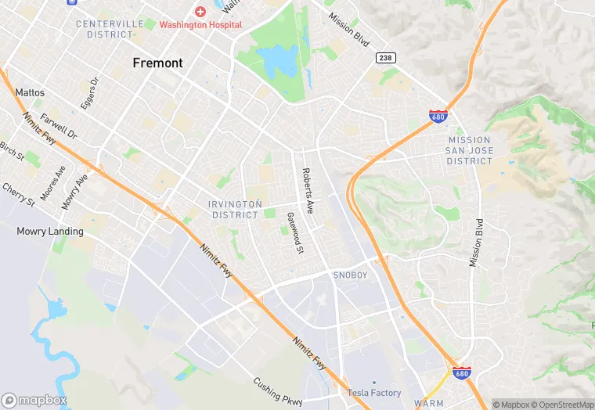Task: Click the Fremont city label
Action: pos(157,63)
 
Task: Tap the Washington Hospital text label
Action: pos(201,25)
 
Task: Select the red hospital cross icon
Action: pos(200,12)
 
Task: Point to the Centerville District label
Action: pos(110,29)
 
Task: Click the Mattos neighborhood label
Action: pos(30,92)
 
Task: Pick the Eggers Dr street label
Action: pos(89,92)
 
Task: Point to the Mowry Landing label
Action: pos(50,232)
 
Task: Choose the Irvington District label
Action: pos(235,209)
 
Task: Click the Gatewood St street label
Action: pos(294,233)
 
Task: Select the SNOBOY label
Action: pos(350,275)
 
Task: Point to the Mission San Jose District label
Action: pos(470,150)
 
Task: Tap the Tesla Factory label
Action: pos(373,393)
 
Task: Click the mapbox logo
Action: pos(34,400)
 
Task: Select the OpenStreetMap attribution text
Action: pos(562,405)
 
